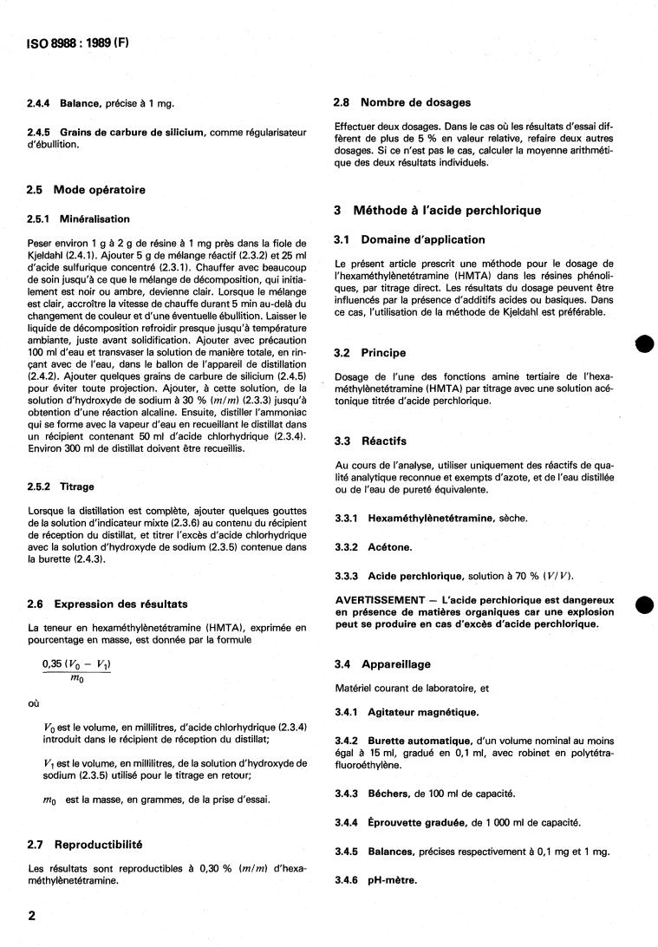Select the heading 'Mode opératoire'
click(x=100, y=190)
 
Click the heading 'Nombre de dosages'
click(x=415, y=102)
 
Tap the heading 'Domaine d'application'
click(x=423, y=239)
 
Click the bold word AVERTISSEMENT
click(x=381, y=600)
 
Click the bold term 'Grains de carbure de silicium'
click(x=134, y=132)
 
